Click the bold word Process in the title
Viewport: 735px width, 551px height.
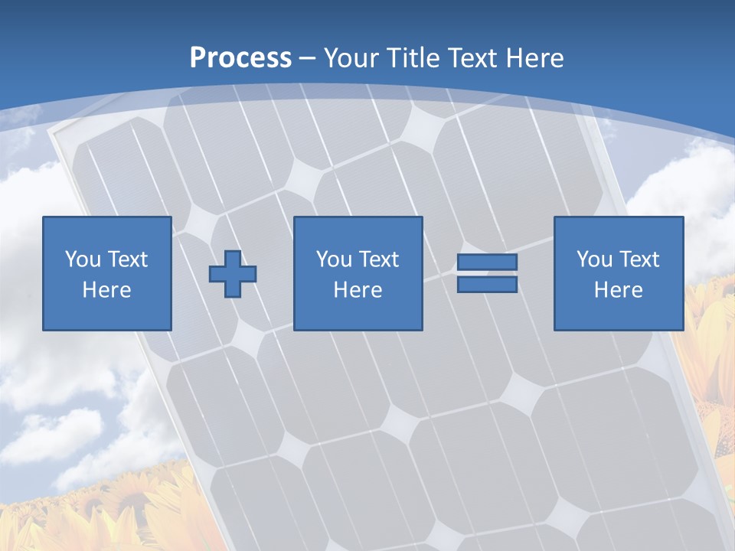(x=240, y=58)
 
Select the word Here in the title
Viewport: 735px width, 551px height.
(x=534, y=58)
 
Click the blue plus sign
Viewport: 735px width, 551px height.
(x=233, y=273)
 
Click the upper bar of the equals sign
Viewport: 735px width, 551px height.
(x=487, y=262)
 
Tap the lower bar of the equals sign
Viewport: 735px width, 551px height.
(x=487, y=285)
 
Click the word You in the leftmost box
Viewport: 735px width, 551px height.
(x=82, y=259)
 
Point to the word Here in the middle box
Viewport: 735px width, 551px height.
(x=358, y=290)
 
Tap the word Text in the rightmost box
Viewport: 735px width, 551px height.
(x=639, y=259)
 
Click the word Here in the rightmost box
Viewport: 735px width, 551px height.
(x=619, y=290)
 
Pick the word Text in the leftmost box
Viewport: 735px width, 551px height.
(x=127, y=259)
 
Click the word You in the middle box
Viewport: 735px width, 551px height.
(x=333, y=259)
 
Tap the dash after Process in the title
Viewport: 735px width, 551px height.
(x=308, y=59)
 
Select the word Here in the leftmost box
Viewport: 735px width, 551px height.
(x=107, y=290)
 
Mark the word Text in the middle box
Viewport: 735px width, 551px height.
(x=378, y=259)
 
